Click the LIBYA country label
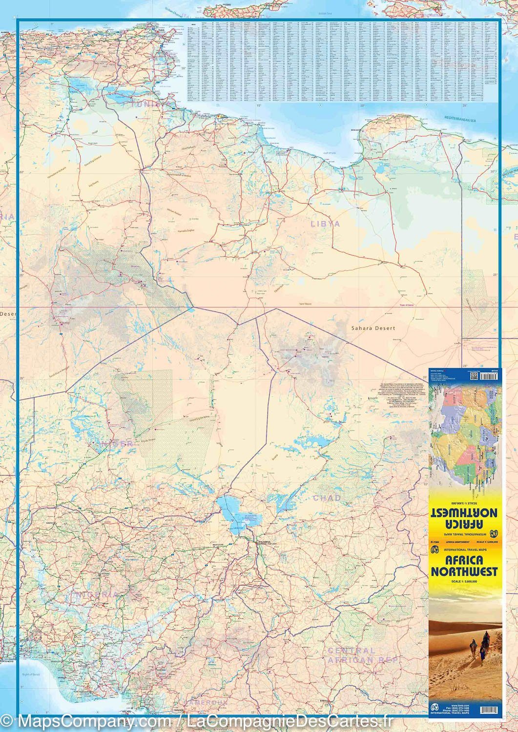tap(325, 224)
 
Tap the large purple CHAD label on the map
tap(327, 498)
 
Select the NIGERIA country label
tap(96, 595)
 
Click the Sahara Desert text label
tap(373, 328)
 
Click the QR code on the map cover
tap(472, 375)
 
